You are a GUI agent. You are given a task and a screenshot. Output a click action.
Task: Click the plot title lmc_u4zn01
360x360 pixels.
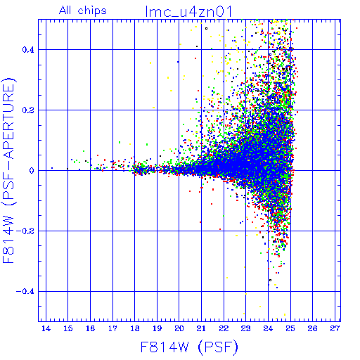pyautogui.click(x=188, y=11)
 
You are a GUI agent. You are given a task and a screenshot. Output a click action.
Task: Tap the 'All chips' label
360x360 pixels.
pyautogui.click(x=83, y=11)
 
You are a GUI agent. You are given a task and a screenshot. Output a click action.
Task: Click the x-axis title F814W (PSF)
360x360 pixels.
pyautogui.click(x=189, y=347)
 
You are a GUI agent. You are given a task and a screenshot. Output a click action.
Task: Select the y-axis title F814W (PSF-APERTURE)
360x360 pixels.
pyautogui.click(x=9, y=170)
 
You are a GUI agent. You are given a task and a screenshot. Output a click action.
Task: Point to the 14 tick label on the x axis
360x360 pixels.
pyautogui.click(x=46, y=328)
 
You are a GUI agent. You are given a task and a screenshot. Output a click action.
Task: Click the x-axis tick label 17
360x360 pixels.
pyautogui.click(x=112, y=328)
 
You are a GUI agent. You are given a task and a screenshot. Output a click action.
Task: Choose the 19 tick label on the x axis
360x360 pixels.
pyautogui.click(x=157, y=328)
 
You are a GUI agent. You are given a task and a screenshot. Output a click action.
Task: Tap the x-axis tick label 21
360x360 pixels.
pyautogui.click(x=201, y=328)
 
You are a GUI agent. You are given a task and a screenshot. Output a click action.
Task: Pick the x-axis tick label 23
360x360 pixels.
pyautogui.click(x=245, y=328)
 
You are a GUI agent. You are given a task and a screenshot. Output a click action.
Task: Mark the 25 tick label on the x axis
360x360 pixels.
pyautogui.click(x=290, y=328)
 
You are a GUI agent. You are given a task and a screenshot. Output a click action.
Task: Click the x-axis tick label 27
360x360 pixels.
pyautogui.click(x=335, y=328)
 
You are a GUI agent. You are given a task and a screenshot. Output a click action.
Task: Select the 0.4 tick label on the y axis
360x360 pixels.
pyautogui.click(x=28, y=50)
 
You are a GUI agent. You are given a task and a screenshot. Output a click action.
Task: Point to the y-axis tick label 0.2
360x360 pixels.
pyautogui.click(x=28, y=110)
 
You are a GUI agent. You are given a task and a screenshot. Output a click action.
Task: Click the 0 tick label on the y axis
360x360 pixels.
pyautogui.click(x=32, y=170)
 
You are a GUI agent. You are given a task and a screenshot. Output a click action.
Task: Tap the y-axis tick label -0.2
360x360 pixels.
pyautogui.click(x=25, y=231)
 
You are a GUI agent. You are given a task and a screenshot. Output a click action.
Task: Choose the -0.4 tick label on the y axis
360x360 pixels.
pyautogui.click(x=25, y=291)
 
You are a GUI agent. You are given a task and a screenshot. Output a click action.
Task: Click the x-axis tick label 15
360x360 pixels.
pyautogui.click(x=68, y=328)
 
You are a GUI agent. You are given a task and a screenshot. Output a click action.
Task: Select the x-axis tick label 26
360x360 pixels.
pyautogui.click(x=312, y=328)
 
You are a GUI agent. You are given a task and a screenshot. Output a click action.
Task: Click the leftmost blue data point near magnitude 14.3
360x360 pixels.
pyautogui.click(x=52, y=168)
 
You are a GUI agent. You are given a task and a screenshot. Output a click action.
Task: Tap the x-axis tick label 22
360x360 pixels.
pyautogui.click(x=224, y=328)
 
